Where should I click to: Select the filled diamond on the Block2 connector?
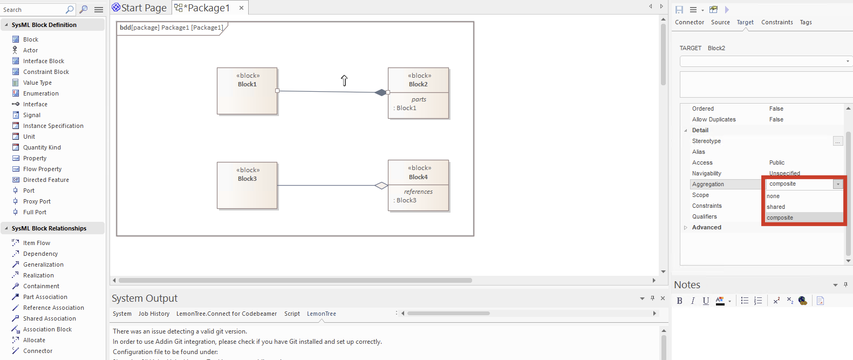(x=381, y=92)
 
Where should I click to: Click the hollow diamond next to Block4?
(x=381, y=186)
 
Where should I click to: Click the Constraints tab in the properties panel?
(x=777, y=22)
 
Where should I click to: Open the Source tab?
(x=720, y=22)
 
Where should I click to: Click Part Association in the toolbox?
(x=45, y=297)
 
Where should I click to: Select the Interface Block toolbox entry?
(x=43, y=61)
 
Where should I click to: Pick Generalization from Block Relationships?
(x=43, y=264)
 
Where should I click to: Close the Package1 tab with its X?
(x=241, y=8)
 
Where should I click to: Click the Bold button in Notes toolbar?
(x=679, y=301)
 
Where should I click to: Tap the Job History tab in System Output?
(x=154, y=314)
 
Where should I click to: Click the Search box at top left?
(x=32, y=10)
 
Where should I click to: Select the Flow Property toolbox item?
(x=42, y=169)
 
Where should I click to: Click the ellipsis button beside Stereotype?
(x=837, y=141)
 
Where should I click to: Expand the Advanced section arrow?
(x=686, y=227)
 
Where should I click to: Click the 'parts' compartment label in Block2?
(x=419, y=99)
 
